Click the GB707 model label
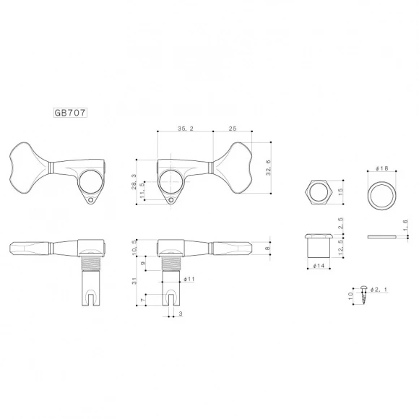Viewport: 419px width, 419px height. [x=70, y=113]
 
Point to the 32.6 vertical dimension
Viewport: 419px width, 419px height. [x=268, y=168]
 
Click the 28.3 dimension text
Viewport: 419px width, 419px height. [x=134, y=181]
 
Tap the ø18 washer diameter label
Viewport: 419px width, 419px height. [x=382, y=169]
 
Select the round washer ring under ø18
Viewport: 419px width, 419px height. [x=382, y=194]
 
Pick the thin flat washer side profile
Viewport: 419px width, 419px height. [x=382, y=236]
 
